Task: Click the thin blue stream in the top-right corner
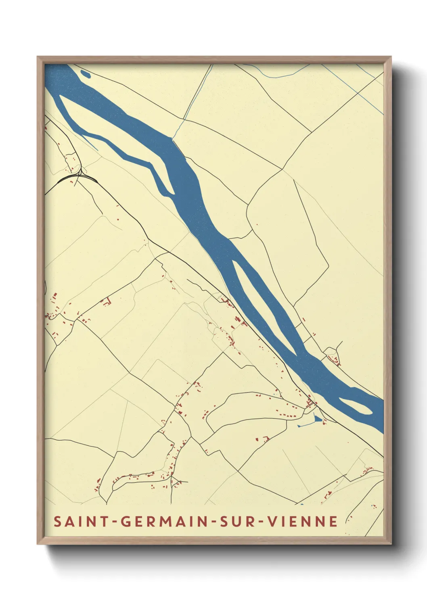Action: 355,89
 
